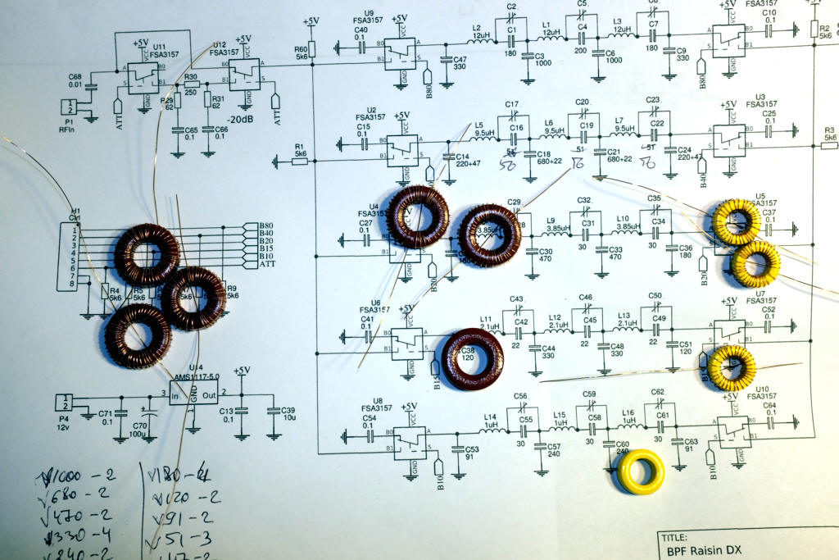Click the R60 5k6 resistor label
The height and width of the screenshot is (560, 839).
(x=301, y=53)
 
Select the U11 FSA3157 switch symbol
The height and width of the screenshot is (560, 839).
(x=143, y=77)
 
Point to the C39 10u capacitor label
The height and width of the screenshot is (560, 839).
(x=288, y=416)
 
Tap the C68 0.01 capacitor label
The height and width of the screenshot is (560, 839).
(x=75, y=80)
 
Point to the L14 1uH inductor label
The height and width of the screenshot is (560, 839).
(x=491, y=420)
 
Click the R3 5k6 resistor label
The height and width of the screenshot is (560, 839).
(x=828, y=134)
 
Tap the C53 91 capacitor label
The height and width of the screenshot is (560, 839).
(x=471, y=453)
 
